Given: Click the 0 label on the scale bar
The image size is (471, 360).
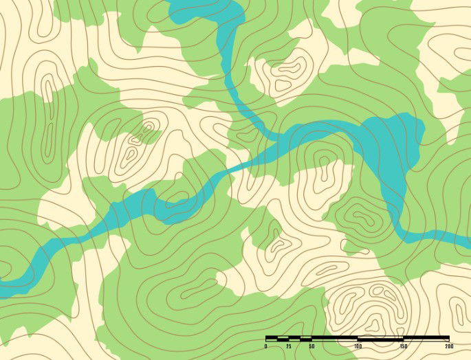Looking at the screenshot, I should (266, 346).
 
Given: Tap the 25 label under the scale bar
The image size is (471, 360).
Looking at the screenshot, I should (289, 346).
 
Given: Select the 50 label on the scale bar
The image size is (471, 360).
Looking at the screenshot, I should (311, 346).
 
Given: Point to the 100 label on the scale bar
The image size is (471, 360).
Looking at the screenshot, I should (358, 346).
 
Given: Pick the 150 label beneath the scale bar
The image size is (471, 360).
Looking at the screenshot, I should (403, 346).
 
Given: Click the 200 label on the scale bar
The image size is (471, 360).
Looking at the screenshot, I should (448, 346).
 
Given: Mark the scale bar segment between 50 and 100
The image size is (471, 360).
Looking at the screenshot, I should (334, 339).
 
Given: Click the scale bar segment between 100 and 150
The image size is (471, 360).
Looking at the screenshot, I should (380, 339).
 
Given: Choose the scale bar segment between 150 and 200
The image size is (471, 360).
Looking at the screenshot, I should (426, 339).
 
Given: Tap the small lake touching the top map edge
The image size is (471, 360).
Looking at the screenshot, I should (206, 12).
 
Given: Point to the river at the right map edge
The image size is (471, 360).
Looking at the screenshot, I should (466, 240).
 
